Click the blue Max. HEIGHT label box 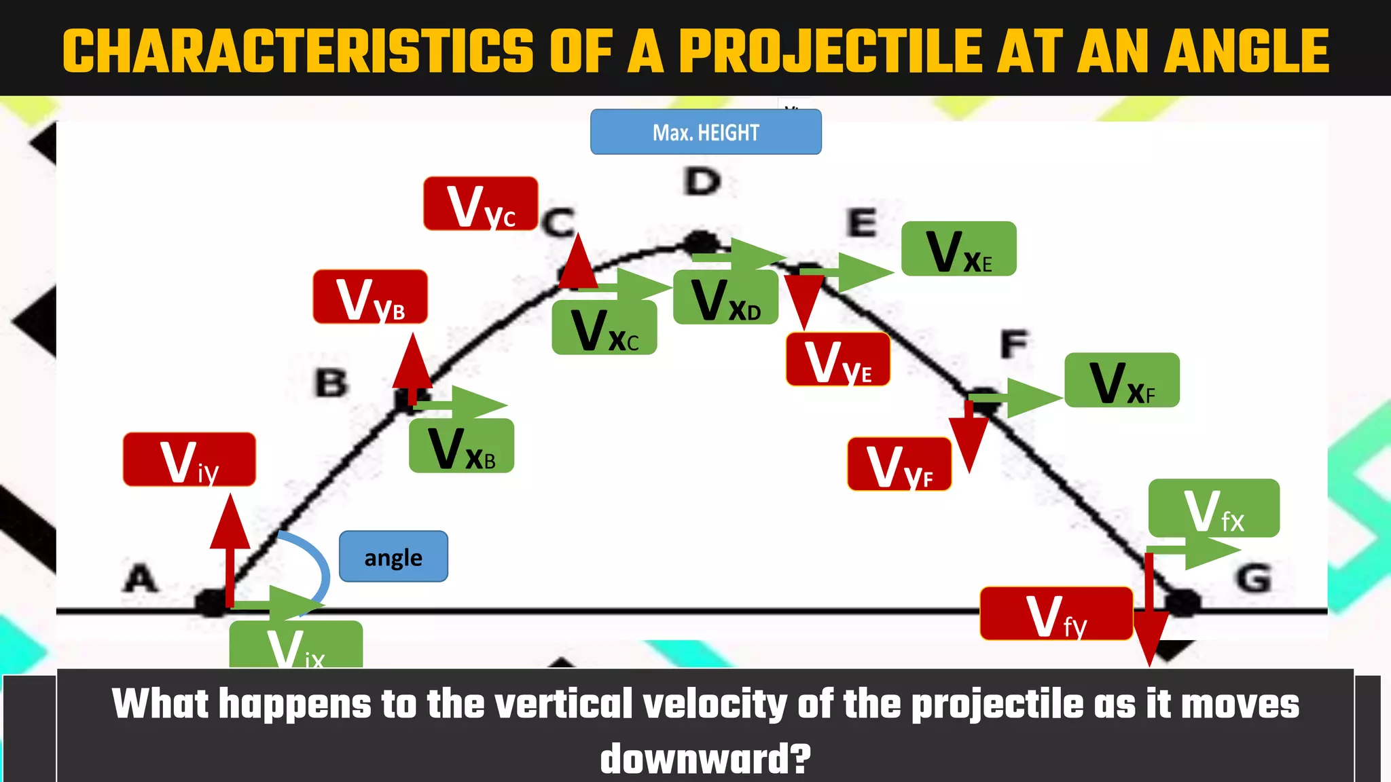coord(706,132)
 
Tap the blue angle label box coord(393,557)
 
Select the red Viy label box coord(189,460)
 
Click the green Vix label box coord(295,645)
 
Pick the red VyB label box coord(370,297)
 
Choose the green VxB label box coord(461,446)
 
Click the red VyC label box coord(480,204)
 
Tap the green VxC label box coord(604,328)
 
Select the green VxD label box coord(725,297)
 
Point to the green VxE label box coord(958,249)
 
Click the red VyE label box coord(837,360)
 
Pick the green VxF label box coord(1121,380)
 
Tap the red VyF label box coord(899,464)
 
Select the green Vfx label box coord(1214,508)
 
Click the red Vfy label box coord(1056,614)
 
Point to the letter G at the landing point coord(1253,579)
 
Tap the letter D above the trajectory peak coord(702,182)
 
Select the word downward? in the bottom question coord(705,759)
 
